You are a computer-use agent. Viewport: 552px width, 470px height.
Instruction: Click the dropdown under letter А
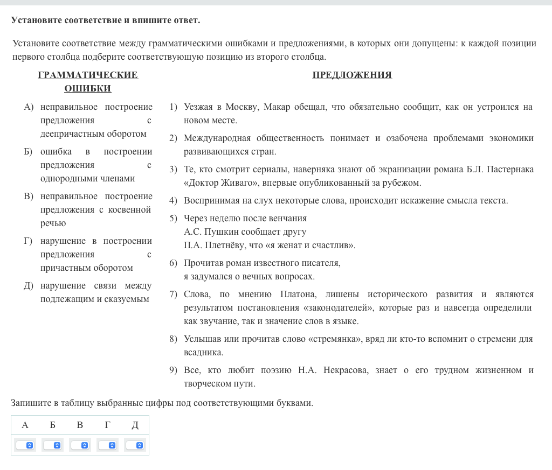25,445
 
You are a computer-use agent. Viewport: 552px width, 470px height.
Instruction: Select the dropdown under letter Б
52,445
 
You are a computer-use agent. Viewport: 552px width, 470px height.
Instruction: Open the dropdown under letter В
80,445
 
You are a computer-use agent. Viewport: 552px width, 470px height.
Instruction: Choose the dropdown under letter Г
107,445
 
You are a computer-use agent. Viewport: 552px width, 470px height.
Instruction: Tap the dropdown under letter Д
135,445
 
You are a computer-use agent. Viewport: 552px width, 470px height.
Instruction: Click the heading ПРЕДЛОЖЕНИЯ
352,75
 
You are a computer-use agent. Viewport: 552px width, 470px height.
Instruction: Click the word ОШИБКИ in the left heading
88,88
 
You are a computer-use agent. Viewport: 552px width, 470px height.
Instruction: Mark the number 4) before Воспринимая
173,200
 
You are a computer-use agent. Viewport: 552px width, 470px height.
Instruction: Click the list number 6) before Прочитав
173,263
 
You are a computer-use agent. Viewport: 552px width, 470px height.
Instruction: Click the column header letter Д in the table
135,425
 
